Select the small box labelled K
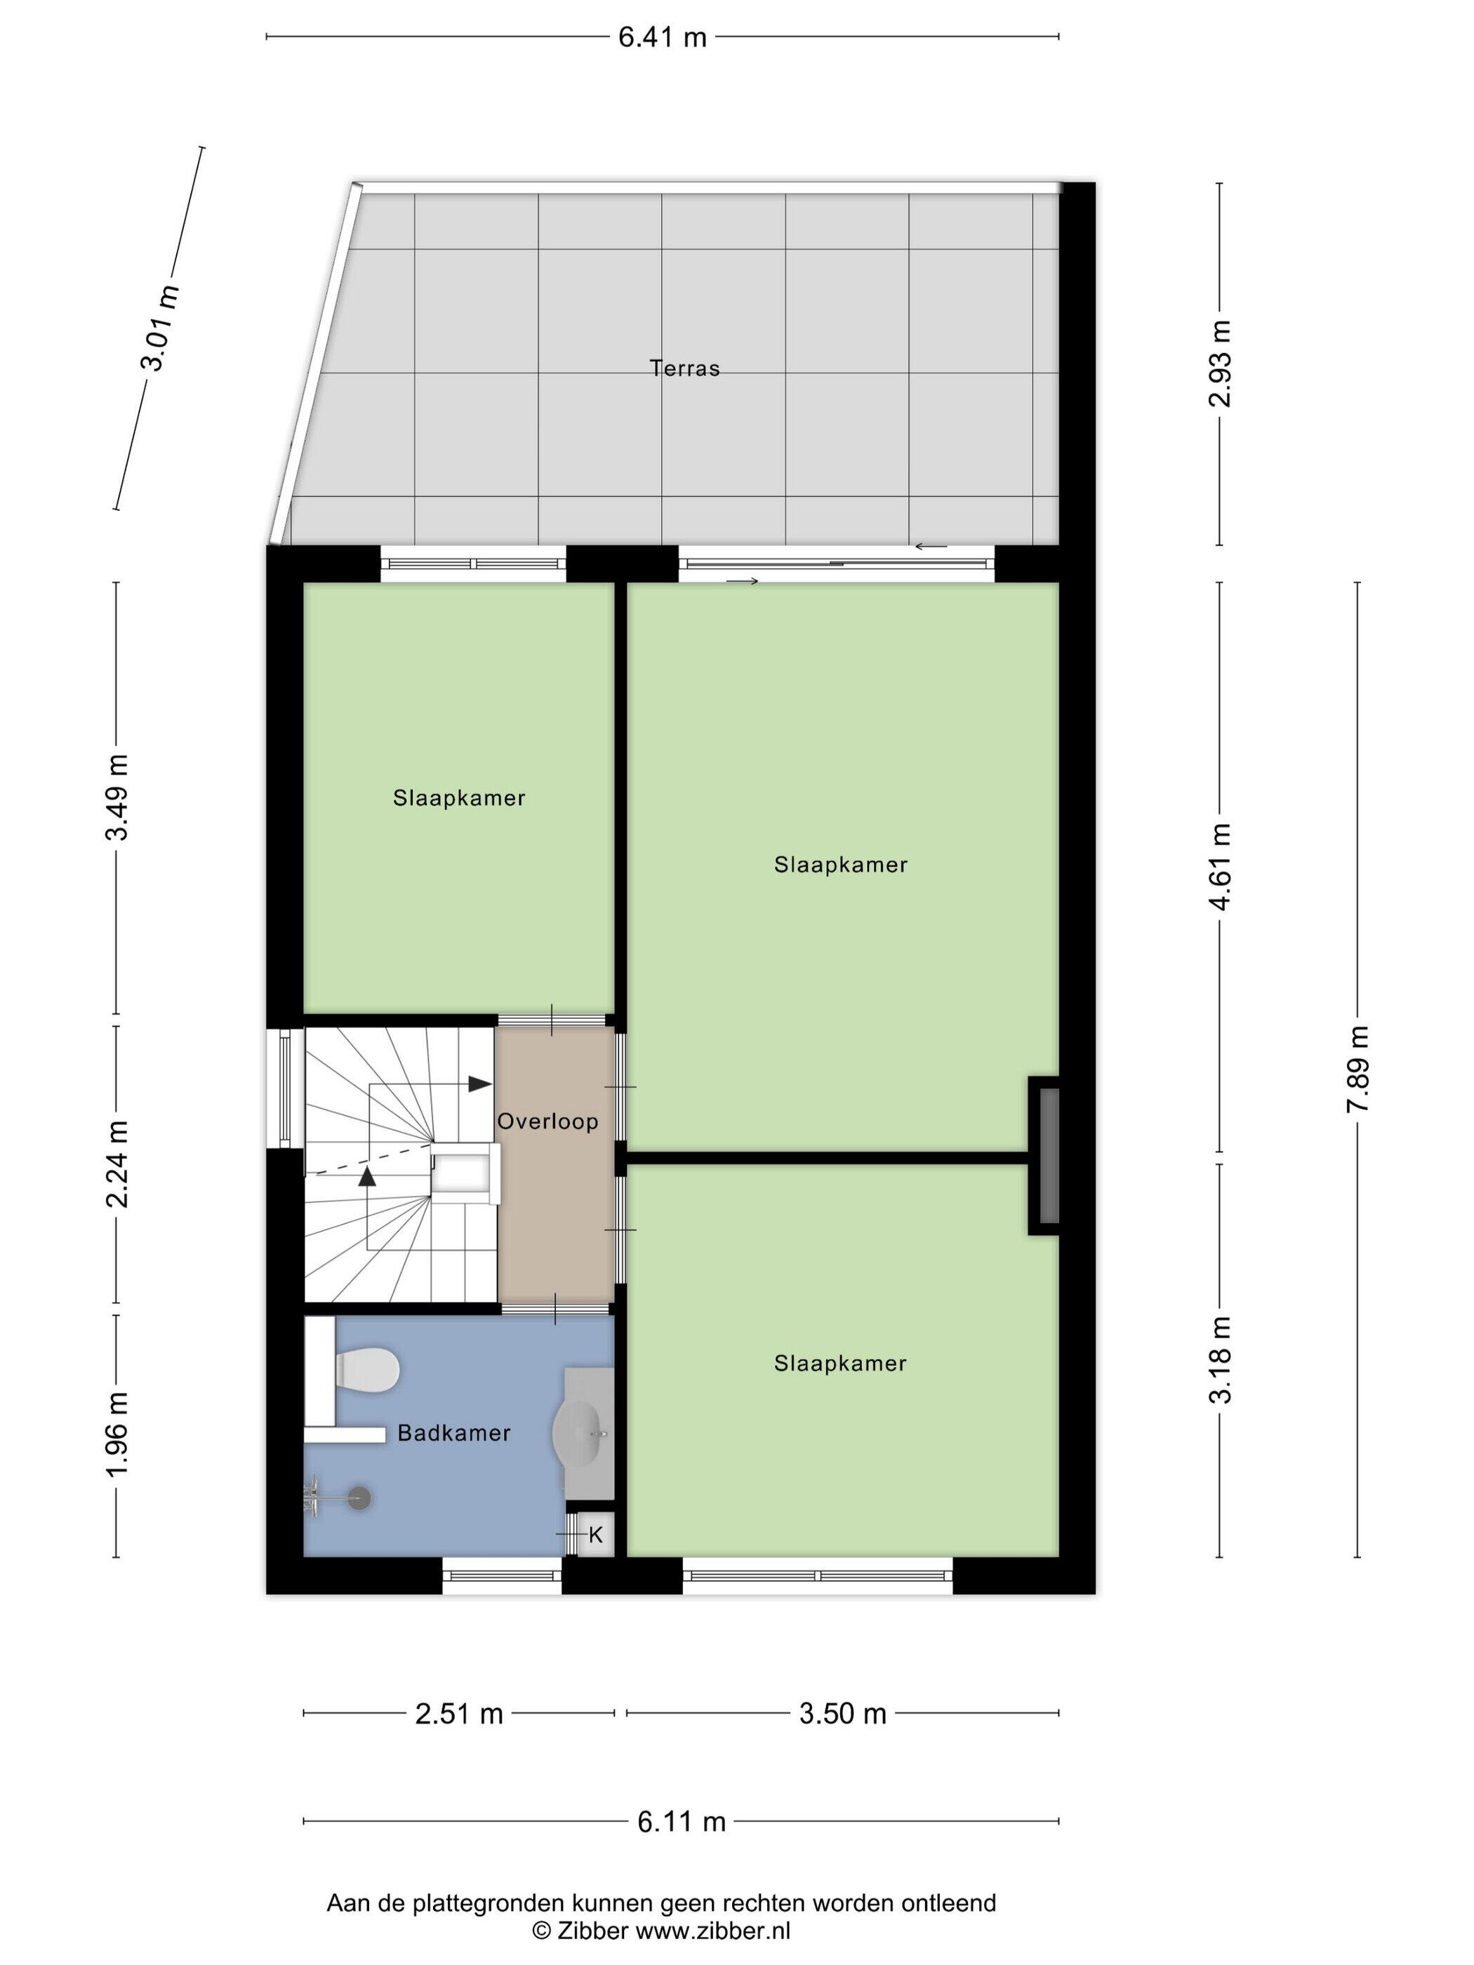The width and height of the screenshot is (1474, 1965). point(595,1534)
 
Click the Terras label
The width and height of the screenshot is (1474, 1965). point(684,368)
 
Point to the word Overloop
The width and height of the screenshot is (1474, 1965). point(547,1121)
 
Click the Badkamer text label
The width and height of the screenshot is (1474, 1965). point(454,1433)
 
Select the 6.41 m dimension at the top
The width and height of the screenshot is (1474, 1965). point(663,37)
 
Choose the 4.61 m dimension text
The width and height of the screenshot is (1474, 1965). point(1221,866)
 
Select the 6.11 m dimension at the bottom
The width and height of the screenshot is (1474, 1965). point(682,1822)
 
